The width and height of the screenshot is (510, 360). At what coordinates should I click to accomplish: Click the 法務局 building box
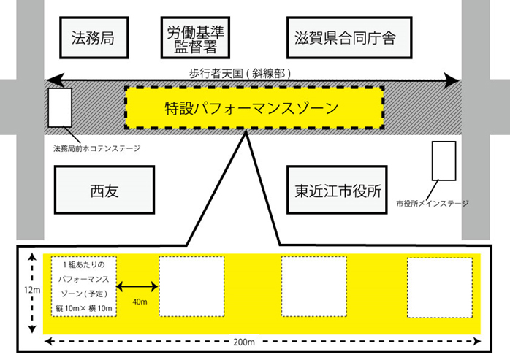click(x=94, y=38)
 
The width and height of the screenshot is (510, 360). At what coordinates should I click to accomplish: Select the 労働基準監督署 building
click(x=195, y=38)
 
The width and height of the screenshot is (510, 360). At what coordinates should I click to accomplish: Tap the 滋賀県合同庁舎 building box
click(x=349, y=38)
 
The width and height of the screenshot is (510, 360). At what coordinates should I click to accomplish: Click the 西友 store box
click(x=104, y=190)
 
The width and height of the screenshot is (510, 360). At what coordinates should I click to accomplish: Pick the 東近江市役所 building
click(x=337, y=190)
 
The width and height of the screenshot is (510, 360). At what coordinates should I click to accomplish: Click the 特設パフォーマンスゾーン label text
click(x=252, y=108)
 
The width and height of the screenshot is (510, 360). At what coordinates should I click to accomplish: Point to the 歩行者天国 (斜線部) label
click(x=240, y=74)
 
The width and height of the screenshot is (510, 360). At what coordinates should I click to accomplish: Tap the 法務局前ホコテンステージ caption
click(x=97, y=149)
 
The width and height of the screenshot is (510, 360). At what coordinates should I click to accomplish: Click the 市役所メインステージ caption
click(x=433, y=204)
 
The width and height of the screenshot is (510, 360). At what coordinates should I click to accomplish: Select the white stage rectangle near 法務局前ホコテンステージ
click(x=60, y=107)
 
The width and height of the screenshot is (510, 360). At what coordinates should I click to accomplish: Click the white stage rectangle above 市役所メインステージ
click(x=444, y=161)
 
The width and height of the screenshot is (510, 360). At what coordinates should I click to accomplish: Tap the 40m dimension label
click(x=140, y=302)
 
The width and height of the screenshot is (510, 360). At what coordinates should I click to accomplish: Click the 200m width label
click(x=244, y=342)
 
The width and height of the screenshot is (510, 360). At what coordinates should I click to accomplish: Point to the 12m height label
click(x=32, y=290)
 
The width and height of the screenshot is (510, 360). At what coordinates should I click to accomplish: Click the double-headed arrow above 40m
click(x=137, y=286)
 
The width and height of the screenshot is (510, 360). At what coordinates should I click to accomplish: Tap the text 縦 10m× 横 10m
click(x=84, y=308)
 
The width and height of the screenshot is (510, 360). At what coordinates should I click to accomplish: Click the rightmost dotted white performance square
click(x=440, y=287)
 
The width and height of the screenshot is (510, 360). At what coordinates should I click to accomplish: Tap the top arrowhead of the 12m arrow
click(x=32, y=258)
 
